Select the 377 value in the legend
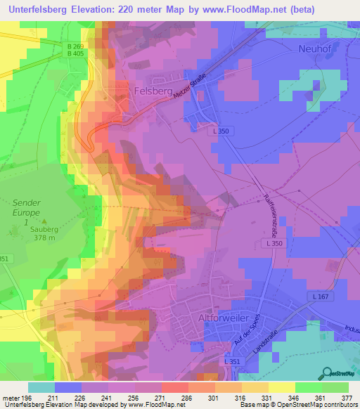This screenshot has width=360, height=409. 347,398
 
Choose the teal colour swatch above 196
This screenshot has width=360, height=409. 41,387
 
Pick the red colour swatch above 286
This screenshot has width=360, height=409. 174,387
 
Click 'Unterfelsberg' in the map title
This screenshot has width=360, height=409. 41,10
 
